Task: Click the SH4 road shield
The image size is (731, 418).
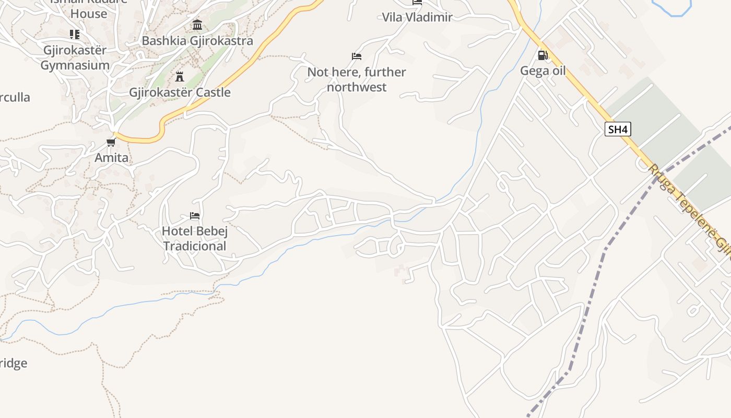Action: coord(618,129)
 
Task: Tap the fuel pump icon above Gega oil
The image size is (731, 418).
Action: coord(543,55)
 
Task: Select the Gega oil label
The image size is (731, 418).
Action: coord(543,71)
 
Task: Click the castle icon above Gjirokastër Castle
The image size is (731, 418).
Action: coord(180,77)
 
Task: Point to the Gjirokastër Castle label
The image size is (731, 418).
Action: coord(180,92)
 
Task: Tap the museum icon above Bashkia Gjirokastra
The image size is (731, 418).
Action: coord(197,25)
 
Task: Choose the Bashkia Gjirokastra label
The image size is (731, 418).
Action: coord(197,41)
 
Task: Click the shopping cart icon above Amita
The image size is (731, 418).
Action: coord(111,142)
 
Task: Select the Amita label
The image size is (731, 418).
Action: coord(111,157)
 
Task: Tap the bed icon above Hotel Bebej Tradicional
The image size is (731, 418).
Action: coord(195,215)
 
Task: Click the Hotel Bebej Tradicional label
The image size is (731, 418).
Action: coord(195,238)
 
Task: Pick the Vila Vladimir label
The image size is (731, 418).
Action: coord(417,17)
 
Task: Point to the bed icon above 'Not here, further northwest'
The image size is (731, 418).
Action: coord(357,56)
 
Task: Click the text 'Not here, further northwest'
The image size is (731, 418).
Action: coord(357,79)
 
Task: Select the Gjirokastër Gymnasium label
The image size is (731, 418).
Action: coord(75,57)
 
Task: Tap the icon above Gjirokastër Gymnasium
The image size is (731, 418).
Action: coord(75,34)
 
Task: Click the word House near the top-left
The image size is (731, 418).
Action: coord(89,14)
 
